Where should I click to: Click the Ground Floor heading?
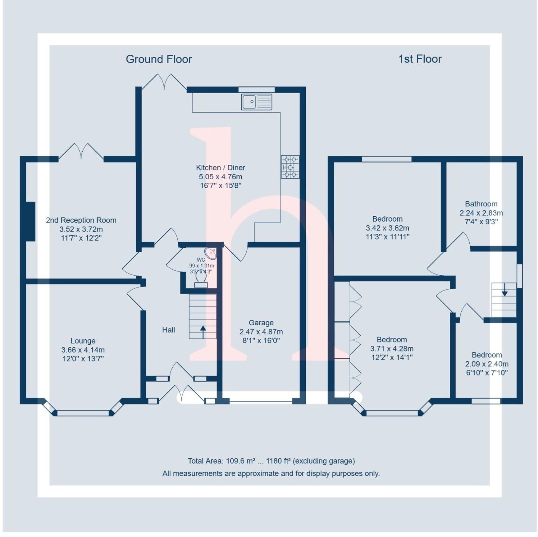click(x=159, y=59)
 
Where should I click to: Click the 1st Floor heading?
click(x=420, y=59)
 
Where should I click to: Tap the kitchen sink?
click(x=256, y=102)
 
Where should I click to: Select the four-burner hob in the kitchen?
click(x=290, y=167)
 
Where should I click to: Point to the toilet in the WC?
click(x=201, y=279)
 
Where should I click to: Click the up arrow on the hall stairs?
click(x=203, y=331)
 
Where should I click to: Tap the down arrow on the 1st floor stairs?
click(x=504, y=290)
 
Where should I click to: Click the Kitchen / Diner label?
click(x=221, y=168)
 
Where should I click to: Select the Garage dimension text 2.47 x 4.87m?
click(x=261, y=332)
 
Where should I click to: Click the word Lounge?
click(x=83, y=341)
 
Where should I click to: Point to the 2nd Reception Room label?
click(x=81, y=220)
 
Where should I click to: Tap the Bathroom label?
click(x=481, y=204)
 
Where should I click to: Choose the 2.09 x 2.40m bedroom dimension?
click(x=487, y=364)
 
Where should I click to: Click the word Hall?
click(x=168, y=330)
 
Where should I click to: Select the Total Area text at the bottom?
click(x=271, y=461)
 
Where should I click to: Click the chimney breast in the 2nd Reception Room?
click(x=30, y=221)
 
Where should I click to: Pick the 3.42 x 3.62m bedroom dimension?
click(x=387, y=228)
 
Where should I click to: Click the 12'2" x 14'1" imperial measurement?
click(x=392, y=357)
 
